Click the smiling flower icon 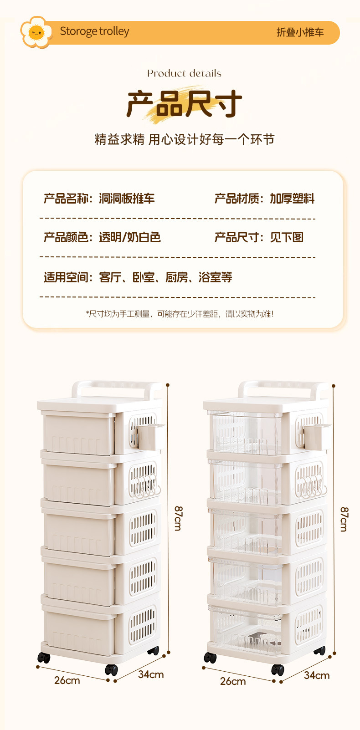36,32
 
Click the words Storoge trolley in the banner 94,31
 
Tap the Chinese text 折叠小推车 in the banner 300,32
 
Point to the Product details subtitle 184,73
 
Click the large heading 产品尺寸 184,103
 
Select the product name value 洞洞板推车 127,199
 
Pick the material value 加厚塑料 292,199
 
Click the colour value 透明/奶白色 130,237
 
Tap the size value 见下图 287,237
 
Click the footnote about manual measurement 180,314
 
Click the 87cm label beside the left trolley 178,518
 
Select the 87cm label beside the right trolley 344,519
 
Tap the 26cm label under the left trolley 67,680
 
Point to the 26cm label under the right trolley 233,681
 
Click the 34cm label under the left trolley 151,674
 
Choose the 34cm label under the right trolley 317,675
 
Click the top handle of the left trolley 116,387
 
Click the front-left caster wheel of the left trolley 44,658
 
